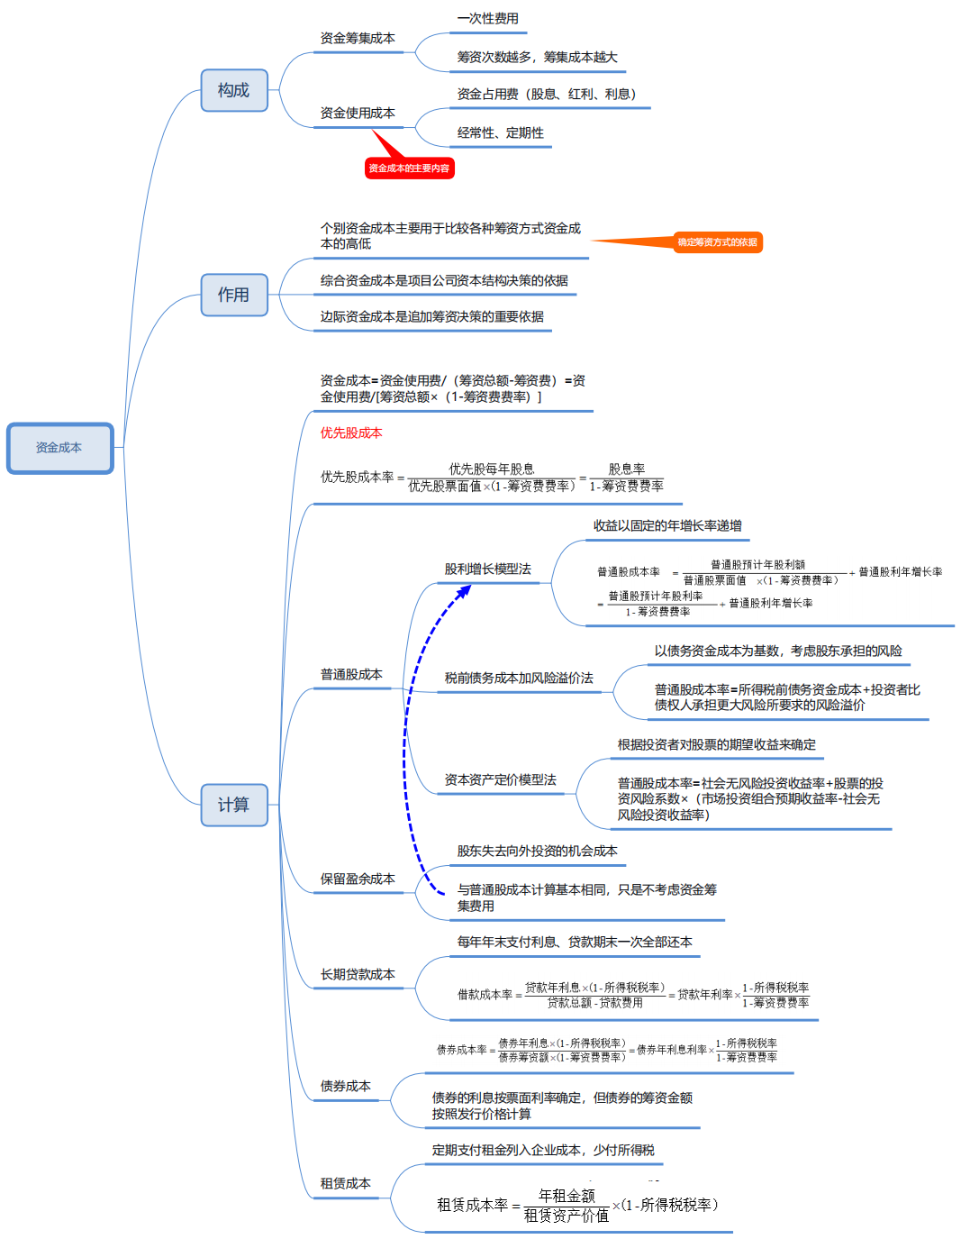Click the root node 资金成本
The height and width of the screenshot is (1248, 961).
(59, 448)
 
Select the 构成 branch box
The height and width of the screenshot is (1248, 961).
(234, 90)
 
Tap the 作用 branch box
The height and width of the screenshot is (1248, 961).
(234, 295)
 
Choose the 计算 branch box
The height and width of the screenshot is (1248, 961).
(234, 805)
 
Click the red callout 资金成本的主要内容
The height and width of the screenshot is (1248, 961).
(409, 169)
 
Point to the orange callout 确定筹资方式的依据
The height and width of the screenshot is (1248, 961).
(718, 242)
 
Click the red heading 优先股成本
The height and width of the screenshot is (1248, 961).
(351, 433)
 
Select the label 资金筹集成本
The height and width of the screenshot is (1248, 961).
(358, 39)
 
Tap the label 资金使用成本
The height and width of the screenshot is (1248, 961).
(358, 114)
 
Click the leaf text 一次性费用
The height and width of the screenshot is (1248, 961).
(487, 19)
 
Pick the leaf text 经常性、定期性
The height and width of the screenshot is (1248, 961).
(500, 133)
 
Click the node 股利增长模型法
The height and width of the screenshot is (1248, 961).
(487, 569)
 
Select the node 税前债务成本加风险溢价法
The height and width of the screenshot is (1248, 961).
(519, 679)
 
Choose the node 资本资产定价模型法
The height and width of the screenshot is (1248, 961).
(500, 780)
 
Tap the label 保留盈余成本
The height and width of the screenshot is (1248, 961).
(358, 879)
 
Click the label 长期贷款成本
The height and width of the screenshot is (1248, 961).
(358, 975)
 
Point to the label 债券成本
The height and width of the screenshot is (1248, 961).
(345, 1087)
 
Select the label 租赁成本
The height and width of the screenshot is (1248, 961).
(345, 1184)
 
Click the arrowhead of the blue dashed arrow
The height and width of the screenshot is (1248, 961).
(465, 591)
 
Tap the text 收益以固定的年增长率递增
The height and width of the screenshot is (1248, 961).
(667, 526)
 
